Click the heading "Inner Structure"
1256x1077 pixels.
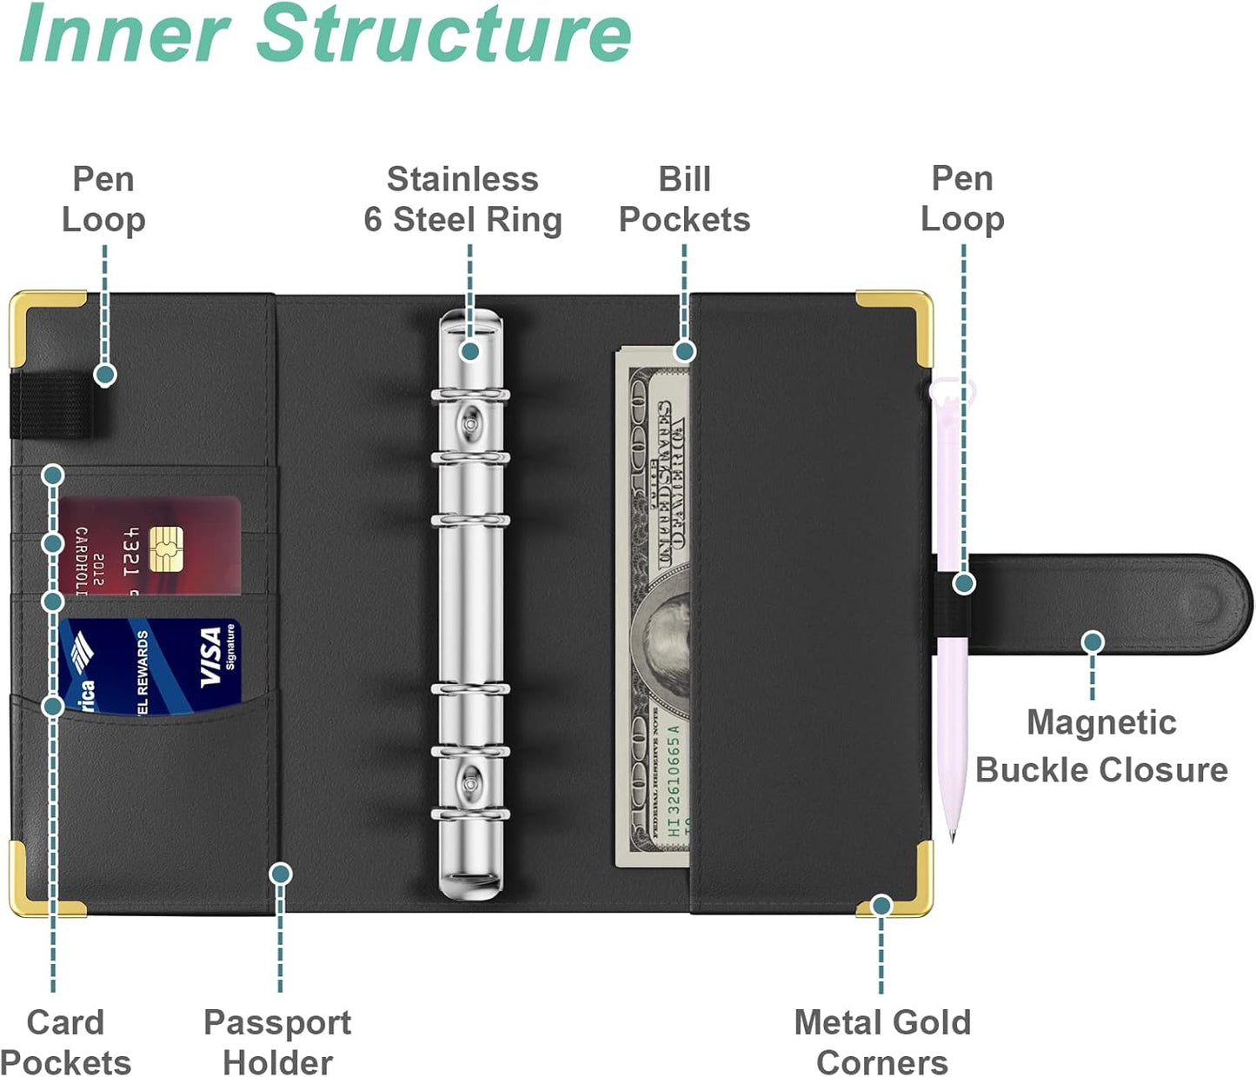click(x=324, y=35)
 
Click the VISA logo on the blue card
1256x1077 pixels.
click(x=211, y=657)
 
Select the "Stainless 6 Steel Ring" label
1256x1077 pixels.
click(x=462, y=200)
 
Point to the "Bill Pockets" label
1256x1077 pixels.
click(x=684, y=199)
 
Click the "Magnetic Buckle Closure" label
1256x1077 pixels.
click(x=1100, y=746)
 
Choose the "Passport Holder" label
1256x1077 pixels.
click(x=277, y=1041)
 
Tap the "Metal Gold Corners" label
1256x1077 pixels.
click(x=881, y=1041)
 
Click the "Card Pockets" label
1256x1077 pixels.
click(x=65, y=1041)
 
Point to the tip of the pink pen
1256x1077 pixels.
click(x=952, y=838)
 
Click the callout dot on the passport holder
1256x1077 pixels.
click(x=280, y=874)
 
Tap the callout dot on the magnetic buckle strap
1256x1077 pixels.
click(x=1093, y=642)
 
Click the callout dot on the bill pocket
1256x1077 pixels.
click(x=685, y=351)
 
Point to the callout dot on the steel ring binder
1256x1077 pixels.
click(x=469, y=351)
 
